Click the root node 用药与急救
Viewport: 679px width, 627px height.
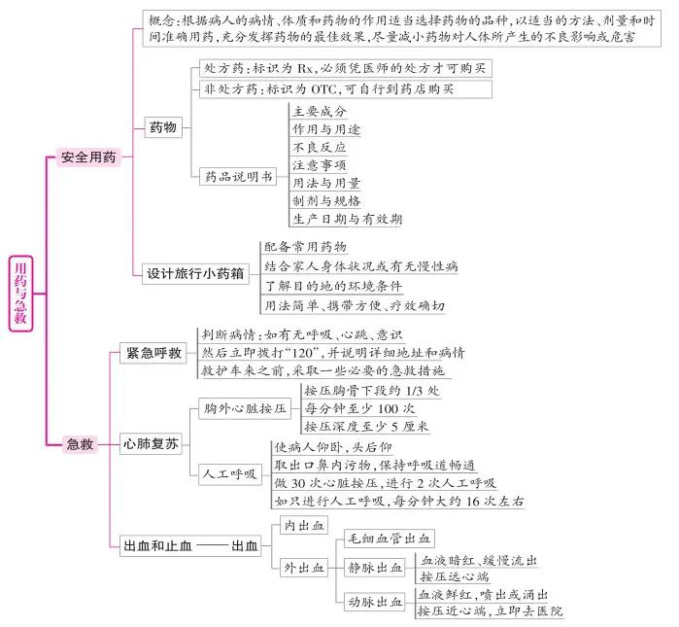pyautogui.click(x=20, y=294)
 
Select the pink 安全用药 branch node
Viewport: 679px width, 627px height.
pyautogui.click(x=88, y=157)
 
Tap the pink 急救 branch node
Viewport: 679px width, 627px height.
pyautogui.click(x=80, y=444)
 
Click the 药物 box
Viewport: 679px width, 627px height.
pyautogui.click(x=163, y=127)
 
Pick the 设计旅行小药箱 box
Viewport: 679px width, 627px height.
pyautogui.click(x=195, y=274)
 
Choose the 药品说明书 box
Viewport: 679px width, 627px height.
pyautogui.click(x=238, y=176)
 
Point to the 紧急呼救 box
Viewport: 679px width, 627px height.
pyautogui.click(x=153, y=353)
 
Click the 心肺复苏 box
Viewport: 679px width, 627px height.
pyautogui.click(x=151, y=443)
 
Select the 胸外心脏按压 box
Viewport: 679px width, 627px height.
pyautogui.click(x=245, y=408)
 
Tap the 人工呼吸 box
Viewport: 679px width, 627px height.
pyautogui.click(x=230, y=474)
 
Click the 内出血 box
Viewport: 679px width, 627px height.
pyautogui.click(x=304, y=526)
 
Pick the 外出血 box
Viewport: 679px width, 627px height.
pyautogui.click(x=304, y=568)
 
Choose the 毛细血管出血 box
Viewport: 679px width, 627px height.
pyautogui.click(x=390, y=539)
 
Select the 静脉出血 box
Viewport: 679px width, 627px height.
pyautogui.click(x=375, y=568)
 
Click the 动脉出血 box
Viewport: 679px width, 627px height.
pyautogui.click(x=375, y=602)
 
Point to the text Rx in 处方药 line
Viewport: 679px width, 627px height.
pyautogui.click(x=305, y=68)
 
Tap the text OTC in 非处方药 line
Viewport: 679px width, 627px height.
pyautogui.click(x=323, y=89)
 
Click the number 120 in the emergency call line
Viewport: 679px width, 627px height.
pyautogui.click(x=303, y=353)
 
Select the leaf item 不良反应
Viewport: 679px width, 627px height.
pyautogui.click(x=320, y=148)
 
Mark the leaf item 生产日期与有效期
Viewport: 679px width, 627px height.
pyautogui.click(x=348, y=219)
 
